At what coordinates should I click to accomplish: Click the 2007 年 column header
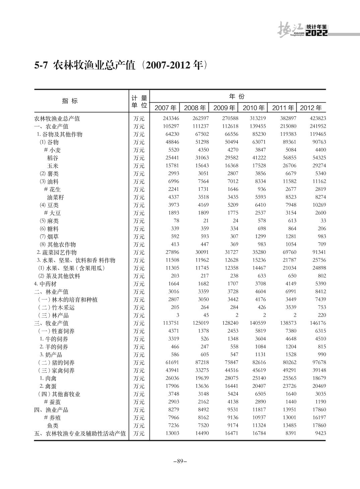click(x=165, y=108)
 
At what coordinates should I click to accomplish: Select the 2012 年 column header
click(x=311, y=108)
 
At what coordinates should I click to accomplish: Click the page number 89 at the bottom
click(x=180, y=461)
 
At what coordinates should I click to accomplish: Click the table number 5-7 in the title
click(x=42, y=65)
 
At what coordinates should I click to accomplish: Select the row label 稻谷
click(x=53, y=158)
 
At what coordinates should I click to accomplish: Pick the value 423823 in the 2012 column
click(x=316, y=118)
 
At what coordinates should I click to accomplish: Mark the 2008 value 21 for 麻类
click(x=205, y=221)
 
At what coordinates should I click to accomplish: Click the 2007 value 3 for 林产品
click(x=177, y=315)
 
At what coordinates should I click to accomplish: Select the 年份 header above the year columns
click(x=237, y=97)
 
